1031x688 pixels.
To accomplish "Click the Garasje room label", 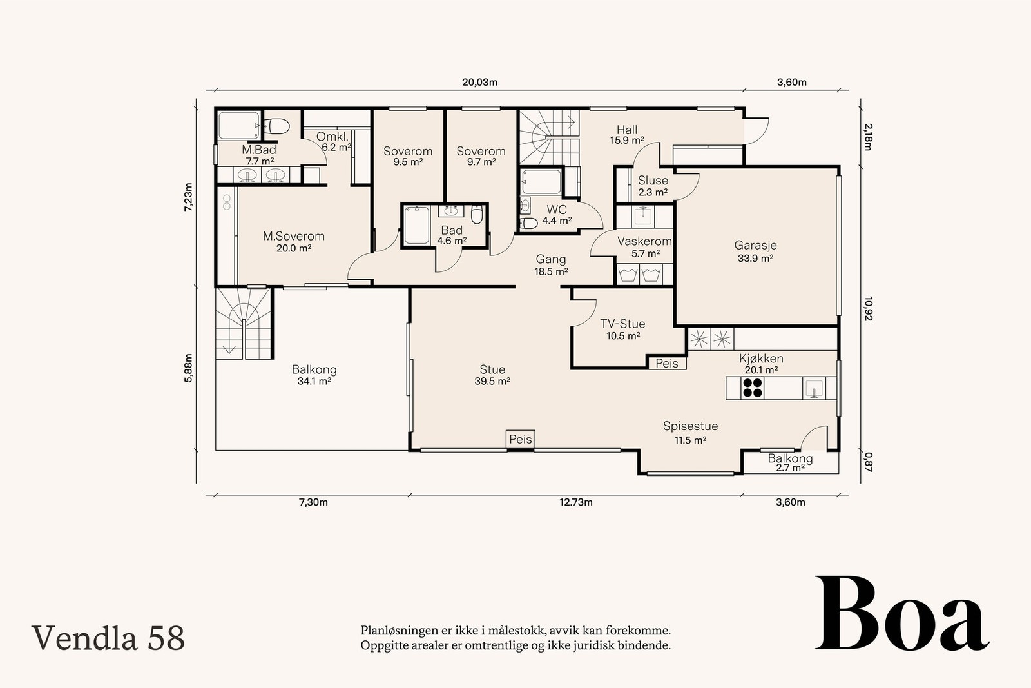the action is click(755, 246).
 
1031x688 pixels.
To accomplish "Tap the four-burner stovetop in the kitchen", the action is click(752, 388).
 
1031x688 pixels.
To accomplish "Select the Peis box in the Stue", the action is click(521, 439).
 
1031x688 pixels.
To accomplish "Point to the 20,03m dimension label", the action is click(479, 83).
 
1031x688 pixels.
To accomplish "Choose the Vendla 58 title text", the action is click(108, 638).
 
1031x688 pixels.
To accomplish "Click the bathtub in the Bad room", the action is click(416, 225).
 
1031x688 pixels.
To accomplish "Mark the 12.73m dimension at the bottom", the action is click(576, 502).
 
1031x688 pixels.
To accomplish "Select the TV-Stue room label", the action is click(622, 324).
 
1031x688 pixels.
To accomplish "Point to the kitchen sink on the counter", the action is click(814, 388).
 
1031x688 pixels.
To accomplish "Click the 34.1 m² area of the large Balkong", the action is click(314, 381).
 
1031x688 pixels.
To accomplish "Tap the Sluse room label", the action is click(653, 181).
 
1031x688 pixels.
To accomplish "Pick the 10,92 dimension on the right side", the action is click(868, 309).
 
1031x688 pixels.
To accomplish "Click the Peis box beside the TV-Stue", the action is click(667, 363).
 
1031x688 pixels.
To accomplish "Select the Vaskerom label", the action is click(644, 241).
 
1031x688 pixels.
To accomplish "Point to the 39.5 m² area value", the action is click(492, 381).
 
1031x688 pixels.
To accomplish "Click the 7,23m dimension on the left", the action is click(188, 197).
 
